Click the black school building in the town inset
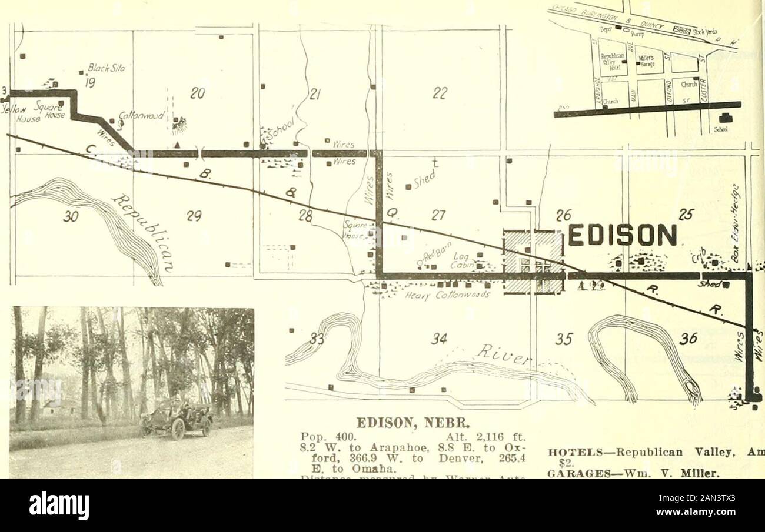[726, 118]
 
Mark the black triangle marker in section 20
[177, 145]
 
